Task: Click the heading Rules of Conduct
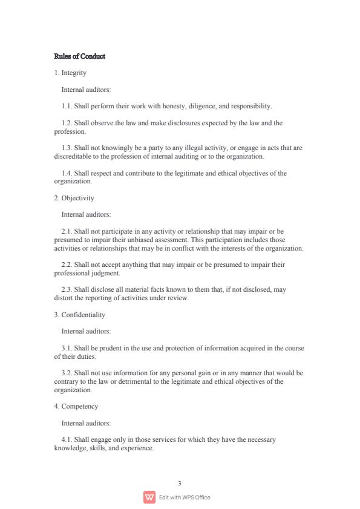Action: click(80, 56)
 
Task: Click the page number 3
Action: click(180, 483)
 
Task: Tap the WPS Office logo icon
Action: click(149, 498)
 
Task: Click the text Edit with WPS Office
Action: click(185, 498)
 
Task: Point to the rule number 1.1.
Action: click(67, 106)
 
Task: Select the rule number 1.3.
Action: click(67, 148)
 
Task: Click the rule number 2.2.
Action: click(67, 264)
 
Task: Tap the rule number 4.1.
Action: click(67, 439)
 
